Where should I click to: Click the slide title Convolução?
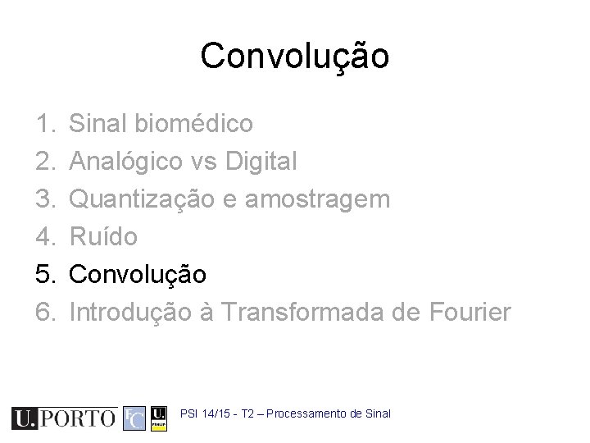[295, 57]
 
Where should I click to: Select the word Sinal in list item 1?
[93, 125]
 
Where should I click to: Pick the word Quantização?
[146, 199]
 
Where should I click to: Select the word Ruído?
[103, 237]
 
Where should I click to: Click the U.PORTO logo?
[64, 418]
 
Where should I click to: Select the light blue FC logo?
[134, 418]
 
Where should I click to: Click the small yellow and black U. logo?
[160, 418]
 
